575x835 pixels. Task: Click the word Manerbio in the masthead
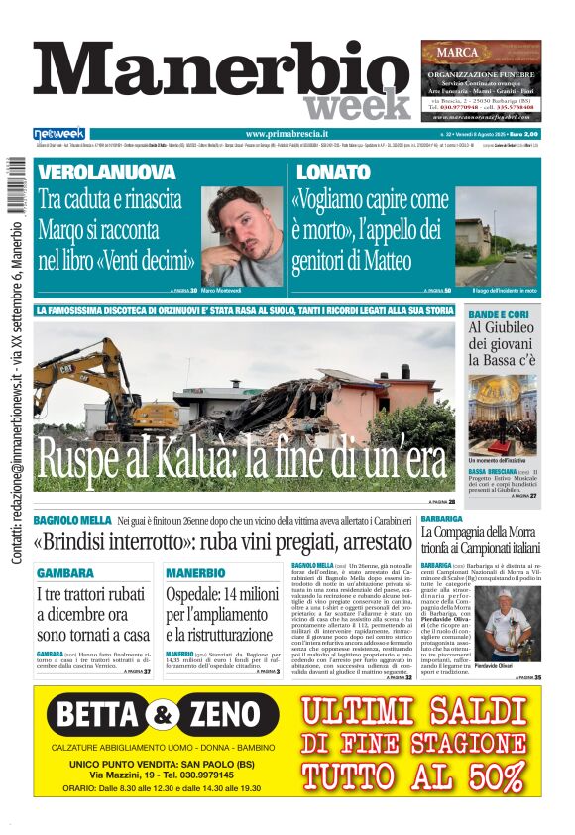tap(221, 73)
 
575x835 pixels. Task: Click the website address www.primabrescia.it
tap(287, 134)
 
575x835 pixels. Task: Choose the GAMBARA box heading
tap(65, 573)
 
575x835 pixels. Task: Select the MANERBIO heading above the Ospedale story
tap(195, 573)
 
